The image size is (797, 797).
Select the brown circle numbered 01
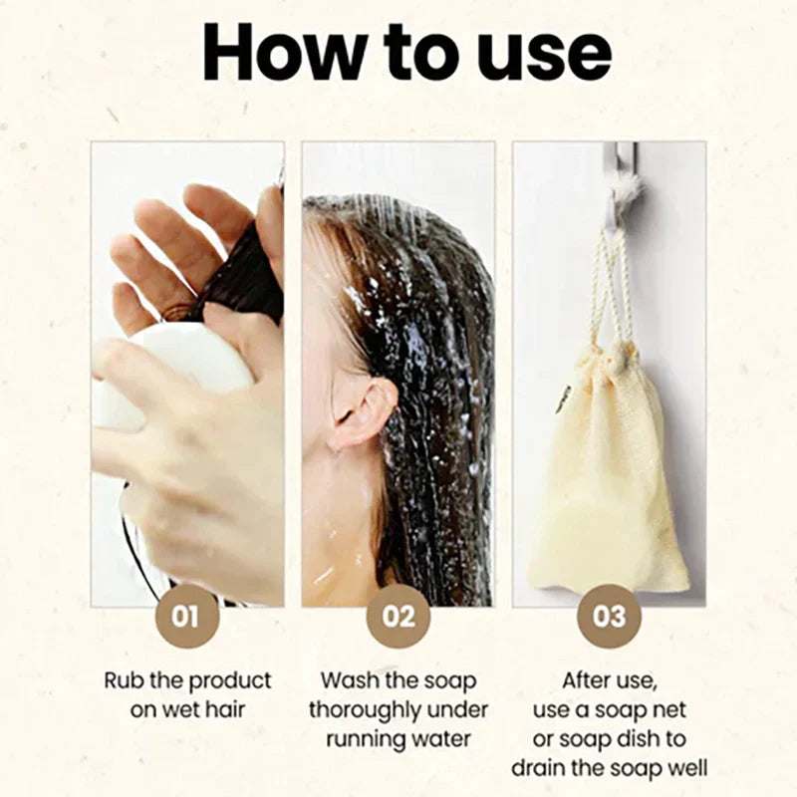pyautogui.click(x=187, y=616)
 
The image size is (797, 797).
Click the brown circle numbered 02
pyautogui.click(x=398, y=616)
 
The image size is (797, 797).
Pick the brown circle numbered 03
pyautogui.click(x=610, y=616)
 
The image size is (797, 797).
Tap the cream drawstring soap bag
pyautogui.click(x=608, y=467)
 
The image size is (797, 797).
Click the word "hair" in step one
pyautogui.click(x=226, y=709)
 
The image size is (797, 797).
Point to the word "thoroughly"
pyautogui.click(x=363, y=710)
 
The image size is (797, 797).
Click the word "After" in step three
pyautogui.click(x=585, y=680)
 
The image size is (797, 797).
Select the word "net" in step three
pyautogui.click(x=668, y=710)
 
